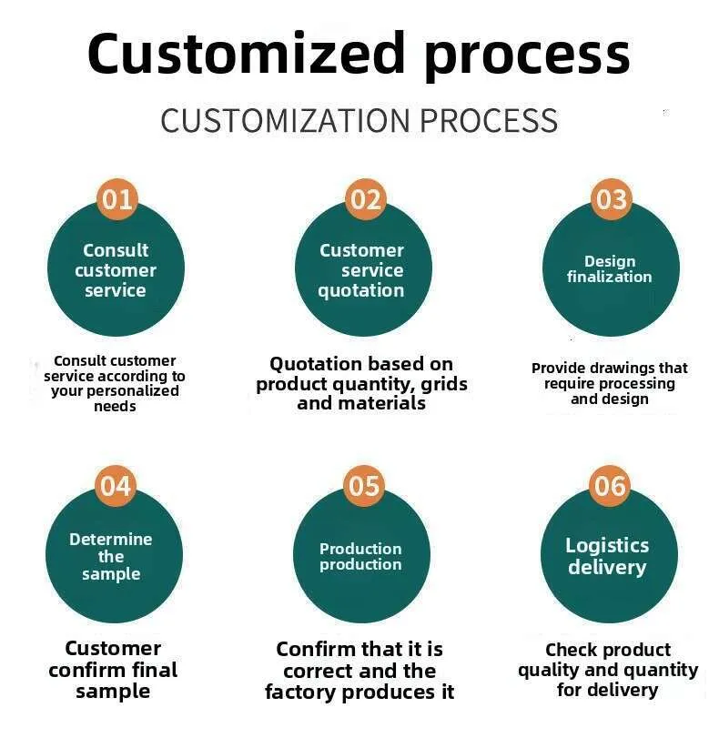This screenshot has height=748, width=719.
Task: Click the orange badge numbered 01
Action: tap(116, 199)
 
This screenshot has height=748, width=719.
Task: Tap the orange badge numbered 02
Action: tap(366, 199)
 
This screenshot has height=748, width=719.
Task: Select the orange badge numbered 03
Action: tap(612, 199)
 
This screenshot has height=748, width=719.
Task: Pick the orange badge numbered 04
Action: tap(115, 486)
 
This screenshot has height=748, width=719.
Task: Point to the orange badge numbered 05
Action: tap(363, 486)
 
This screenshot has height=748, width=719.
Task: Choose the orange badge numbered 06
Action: tap(609, 486)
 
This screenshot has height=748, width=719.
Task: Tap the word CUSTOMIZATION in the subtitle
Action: tap(285, 121)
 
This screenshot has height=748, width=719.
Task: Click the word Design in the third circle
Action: tap(610, 261)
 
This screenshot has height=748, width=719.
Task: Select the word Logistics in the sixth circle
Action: tap(607, 546)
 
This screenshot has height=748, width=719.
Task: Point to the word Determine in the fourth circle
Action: tap(111, 539)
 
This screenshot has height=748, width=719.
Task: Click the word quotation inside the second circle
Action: tap(361, 290)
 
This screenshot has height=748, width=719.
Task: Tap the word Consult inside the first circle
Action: tap(116, 250)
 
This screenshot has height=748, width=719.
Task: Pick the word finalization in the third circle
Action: tap(609, 277)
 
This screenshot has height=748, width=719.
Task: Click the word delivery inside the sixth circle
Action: tap(607, 567)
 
